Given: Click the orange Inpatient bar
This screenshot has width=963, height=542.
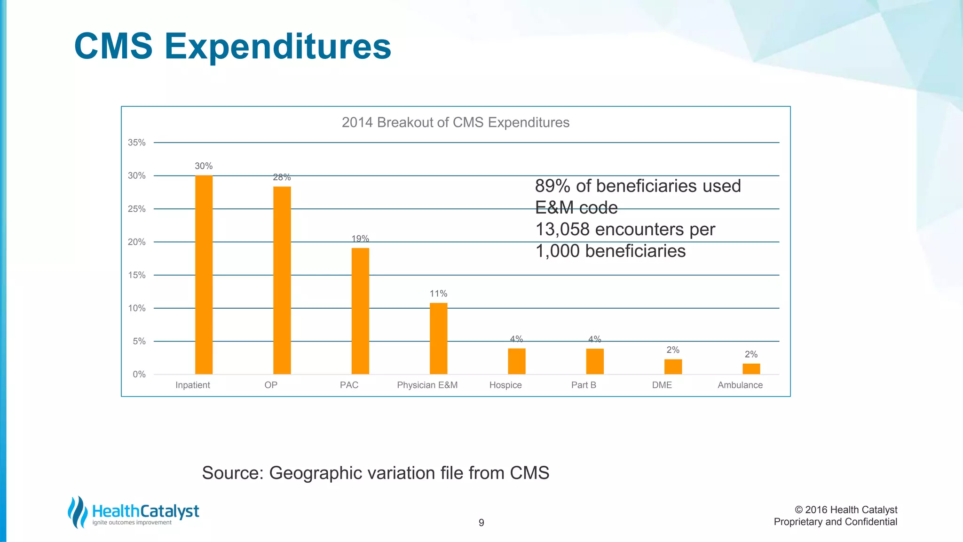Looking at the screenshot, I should coord(204,275).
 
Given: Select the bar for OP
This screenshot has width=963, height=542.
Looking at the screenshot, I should coord(282,280).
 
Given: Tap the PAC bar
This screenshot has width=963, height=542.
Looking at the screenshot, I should coord(360,311).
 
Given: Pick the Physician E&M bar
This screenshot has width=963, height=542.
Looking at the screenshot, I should coord(438,338).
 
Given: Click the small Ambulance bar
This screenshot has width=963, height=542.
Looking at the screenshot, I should coord(751,369).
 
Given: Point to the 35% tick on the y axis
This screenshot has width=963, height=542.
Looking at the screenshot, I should coord(137,143).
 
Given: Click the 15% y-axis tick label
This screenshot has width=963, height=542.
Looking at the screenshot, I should coord(137,275).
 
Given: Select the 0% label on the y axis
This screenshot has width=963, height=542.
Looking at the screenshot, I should coord(139,375).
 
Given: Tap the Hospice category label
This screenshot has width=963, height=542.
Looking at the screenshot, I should coord(505,385).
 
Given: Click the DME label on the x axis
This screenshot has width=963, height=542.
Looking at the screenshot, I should coord(662,385).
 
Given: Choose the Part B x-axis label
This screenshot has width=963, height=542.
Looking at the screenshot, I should coord(584,385).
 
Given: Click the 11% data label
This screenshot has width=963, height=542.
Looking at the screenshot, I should coord(438,294).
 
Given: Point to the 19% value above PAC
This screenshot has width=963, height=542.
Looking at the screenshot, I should coord(360,239).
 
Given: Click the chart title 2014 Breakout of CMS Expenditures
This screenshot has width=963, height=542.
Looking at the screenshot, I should coord(455,122).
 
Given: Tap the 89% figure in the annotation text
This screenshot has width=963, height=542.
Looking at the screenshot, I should coord(553,186).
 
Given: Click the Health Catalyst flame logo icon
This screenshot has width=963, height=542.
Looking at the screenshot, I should coord(78,512).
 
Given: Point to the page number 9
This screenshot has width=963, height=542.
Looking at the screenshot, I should coord(481,523).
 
